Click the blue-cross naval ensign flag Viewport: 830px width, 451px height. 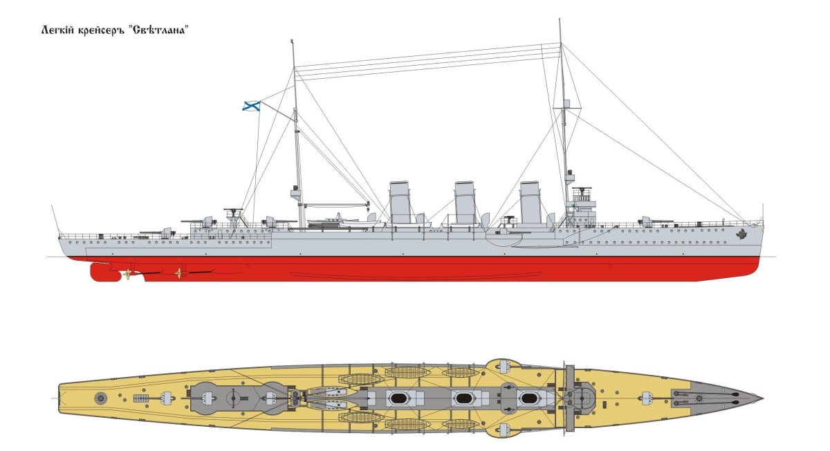point(251,105)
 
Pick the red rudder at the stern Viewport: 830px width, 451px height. point(104,272)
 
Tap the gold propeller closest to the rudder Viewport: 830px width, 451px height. point(127,275)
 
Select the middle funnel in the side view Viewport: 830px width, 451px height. point(465,203)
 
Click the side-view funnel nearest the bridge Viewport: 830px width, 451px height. point(530,203)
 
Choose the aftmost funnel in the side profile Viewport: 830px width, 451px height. point(400,203)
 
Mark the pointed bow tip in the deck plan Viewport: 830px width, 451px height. point(762,398)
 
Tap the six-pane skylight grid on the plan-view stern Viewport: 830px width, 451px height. point(141,398)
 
